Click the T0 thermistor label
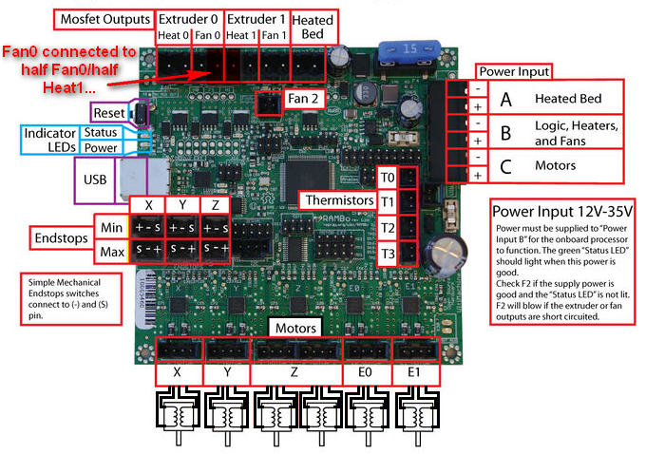[387, 178]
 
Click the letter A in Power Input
[505, 99]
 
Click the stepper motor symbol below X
[178, 418]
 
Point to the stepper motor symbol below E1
[414, 418]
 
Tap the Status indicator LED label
[100, 132]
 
